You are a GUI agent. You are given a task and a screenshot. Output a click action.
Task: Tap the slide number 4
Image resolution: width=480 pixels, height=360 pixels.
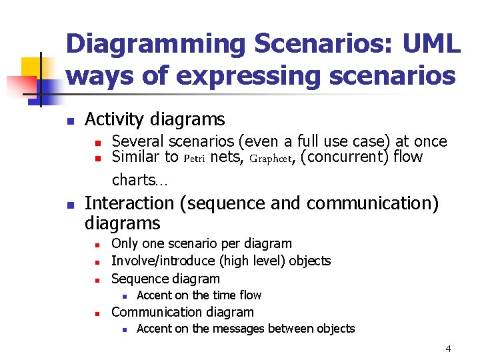(448, 348)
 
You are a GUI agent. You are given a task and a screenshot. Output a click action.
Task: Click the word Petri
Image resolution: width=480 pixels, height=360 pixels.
(194, 159)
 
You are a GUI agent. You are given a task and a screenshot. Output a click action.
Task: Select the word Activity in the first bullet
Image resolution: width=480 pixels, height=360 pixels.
(117, 120)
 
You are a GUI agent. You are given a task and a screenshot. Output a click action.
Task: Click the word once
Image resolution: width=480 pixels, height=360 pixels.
(429, 141)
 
